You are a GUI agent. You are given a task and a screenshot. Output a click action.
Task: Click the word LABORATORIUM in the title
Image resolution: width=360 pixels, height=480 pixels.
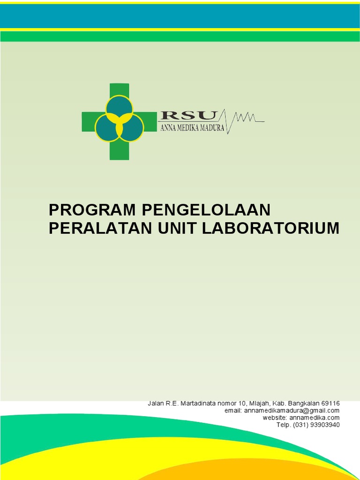pos(270,228)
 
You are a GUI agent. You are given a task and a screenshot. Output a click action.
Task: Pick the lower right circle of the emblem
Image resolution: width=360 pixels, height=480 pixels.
pos(131,128)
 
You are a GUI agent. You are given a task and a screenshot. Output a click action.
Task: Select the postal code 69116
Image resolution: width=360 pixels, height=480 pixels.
pos(330,403)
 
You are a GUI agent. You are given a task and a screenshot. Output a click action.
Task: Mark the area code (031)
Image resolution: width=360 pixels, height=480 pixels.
pos(299,425)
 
